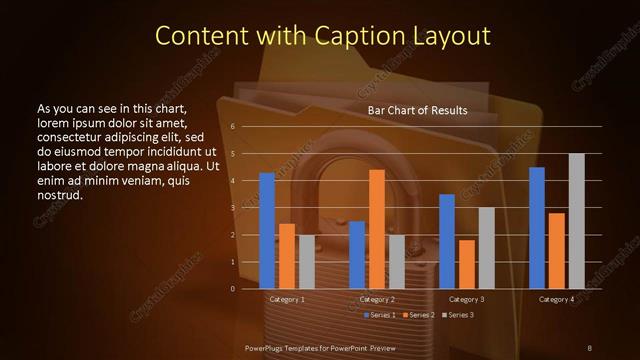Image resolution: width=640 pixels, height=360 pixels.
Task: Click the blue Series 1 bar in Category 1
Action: pos(267,231)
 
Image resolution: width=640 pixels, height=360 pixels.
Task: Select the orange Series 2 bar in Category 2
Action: pos(377,229)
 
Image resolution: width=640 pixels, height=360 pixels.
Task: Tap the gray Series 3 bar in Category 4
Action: pos(576,221)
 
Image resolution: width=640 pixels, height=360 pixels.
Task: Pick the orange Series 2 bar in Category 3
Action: pos(467,264)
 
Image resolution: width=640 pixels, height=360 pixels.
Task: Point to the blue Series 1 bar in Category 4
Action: pos(537,228)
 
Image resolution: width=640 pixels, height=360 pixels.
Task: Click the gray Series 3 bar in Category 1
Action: pos(306,262)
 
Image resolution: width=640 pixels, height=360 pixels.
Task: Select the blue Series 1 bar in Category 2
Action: pos(357,255)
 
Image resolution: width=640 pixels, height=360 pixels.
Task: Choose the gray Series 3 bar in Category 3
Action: pos(486,248)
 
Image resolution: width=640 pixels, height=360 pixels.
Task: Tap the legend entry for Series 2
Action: pos(418,315)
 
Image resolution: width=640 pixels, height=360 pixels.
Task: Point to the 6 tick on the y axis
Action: pos(232,127)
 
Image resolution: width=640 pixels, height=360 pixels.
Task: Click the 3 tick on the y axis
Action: pos(232,208)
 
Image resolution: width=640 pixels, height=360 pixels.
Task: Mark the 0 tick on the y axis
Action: pos(232,289)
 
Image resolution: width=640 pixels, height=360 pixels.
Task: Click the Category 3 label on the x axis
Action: pos(468,299)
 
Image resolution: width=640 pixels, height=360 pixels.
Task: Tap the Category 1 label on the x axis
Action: pos(288,299)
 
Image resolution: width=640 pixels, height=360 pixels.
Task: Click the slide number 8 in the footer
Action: pos(589,347)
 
